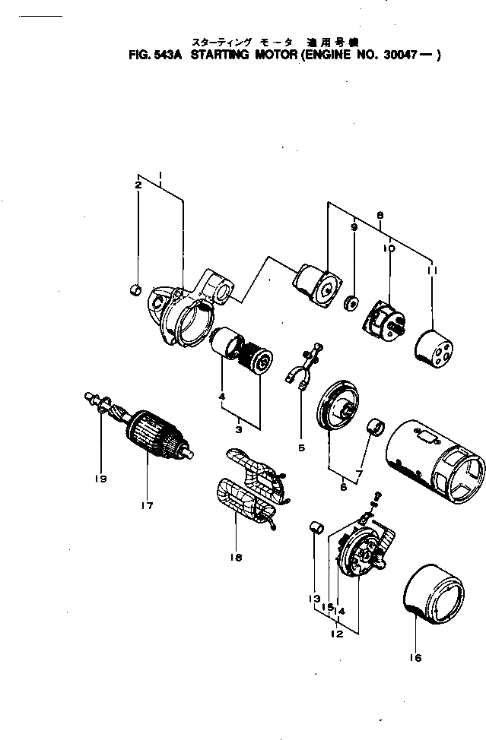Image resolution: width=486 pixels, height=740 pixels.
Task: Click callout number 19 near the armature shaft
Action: click(x=101, y=479)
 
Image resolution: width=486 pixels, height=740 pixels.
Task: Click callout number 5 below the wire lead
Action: click(x=301, y=448)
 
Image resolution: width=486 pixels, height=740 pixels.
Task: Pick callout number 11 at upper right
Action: click(x=432, y=271)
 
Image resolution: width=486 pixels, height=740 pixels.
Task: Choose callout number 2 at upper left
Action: click(x=138, y=185)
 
